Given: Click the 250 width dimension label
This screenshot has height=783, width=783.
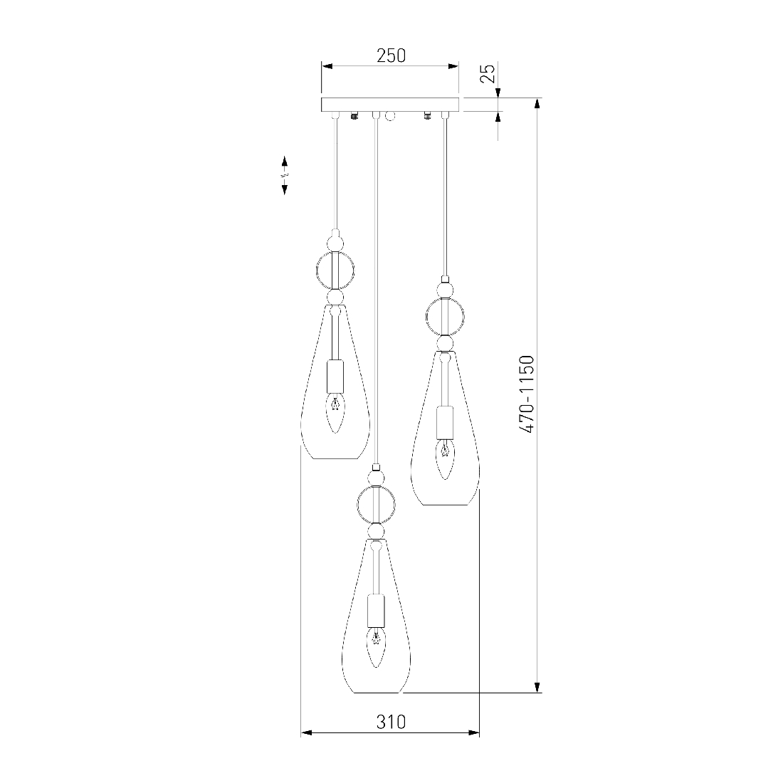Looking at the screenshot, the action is [391, 56].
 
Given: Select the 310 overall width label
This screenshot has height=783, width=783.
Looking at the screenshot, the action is [391, 722].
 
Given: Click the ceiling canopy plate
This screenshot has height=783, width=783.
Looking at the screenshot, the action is [389, 105].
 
